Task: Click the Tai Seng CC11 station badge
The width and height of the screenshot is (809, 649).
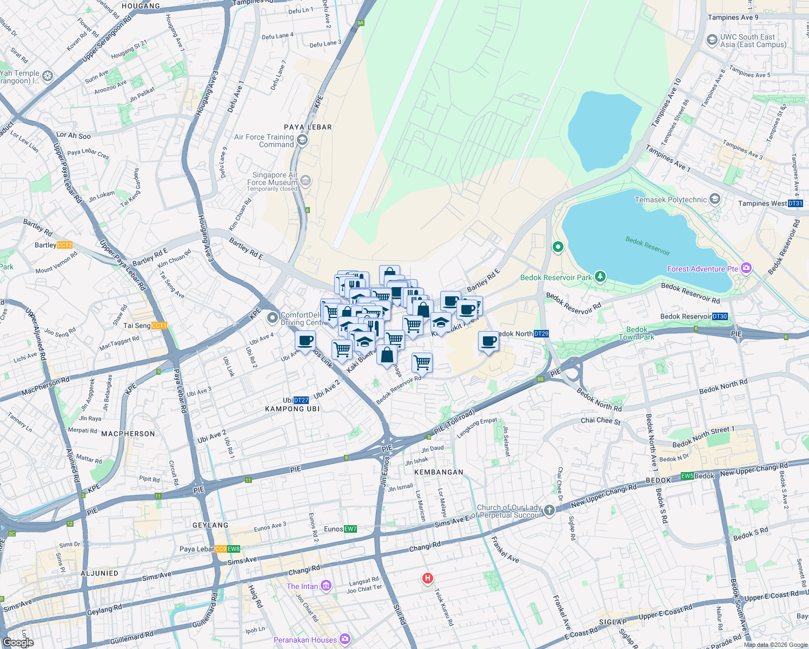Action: pyautogui.click(x=160, y=326)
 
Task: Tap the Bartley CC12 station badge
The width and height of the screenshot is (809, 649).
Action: pyautogui.click(x=64, y=245)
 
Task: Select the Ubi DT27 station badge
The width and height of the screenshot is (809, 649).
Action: pyautogui.click(x=301, y=400)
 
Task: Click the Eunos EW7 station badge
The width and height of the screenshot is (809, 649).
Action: pyautogui.click(x=350, y=529)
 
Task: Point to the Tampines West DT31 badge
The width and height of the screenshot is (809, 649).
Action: pyautogui.click(x=795, y=203)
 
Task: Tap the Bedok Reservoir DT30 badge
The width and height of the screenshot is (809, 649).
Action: pyautogui.click(x=720, y=316)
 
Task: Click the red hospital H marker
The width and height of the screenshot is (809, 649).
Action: pyautogui.click(x=427, y=579)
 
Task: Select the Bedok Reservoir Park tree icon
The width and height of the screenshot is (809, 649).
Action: pyautogui.click(x=600, y=276)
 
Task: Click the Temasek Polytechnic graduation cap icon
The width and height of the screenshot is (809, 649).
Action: pyautogui.click(x=715, y=200)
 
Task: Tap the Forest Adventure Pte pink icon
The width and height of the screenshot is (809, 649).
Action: pyautogui.click(x=746, y=268)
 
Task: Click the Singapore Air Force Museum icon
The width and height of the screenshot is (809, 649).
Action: pyautogui.click(x=306, y=180)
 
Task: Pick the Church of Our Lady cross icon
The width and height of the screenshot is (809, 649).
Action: pyautogui.click(x=549, y=511)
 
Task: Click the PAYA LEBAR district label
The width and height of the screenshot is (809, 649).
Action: pyautogui.click(x=308, y=127)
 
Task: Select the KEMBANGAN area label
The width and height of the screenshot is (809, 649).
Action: pyautogui.click(x=439, y=472)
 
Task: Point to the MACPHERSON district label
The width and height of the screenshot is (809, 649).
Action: pyautogui.click(x=128, y=434)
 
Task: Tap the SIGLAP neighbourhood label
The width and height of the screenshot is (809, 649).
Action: pyautogui.click(x=612, y=622)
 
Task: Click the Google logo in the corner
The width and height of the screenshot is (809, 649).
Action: pyautogui.click(x=18, y=642)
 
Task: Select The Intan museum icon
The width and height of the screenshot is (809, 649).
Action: pyautogui.click(x=326, y=586)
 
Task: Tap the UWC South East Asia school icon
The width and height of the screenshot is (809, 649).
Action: pyautogui.click(x=712, y=40)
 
